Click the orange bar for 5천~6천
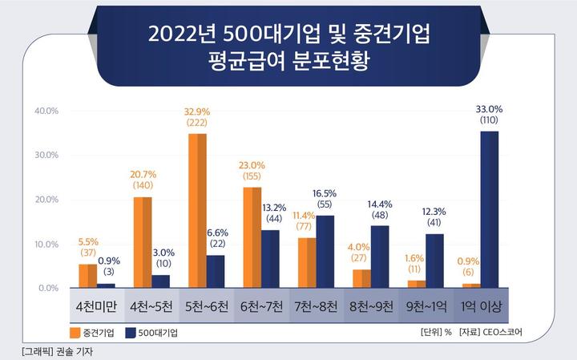[197, 211]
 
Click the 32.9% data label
[196, 113]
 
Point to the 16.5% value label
[325, 194]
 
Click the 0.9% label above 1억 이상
[470, 261]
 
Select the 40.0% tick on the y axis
[47, 111]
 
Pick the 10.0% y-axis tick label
[47, 244]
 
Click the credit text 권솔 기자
[71, 351]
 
